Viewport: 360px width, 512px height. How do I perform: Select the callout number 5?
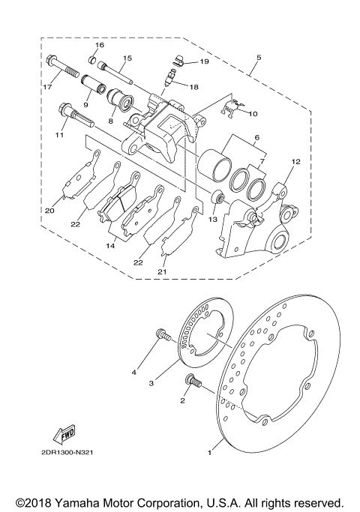click(x=259, y=56)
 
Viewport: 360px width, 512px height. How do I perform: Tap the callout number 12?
click(x=295, y=160)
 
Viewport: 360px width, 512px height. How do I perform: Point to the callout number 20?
click(x=50, y=211)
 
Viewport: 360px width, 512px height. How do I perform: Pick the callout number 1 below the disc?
click(x=211, y=452)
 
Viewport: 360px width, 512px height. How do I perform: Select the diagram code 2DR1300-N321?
click(x=67, y=473)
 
